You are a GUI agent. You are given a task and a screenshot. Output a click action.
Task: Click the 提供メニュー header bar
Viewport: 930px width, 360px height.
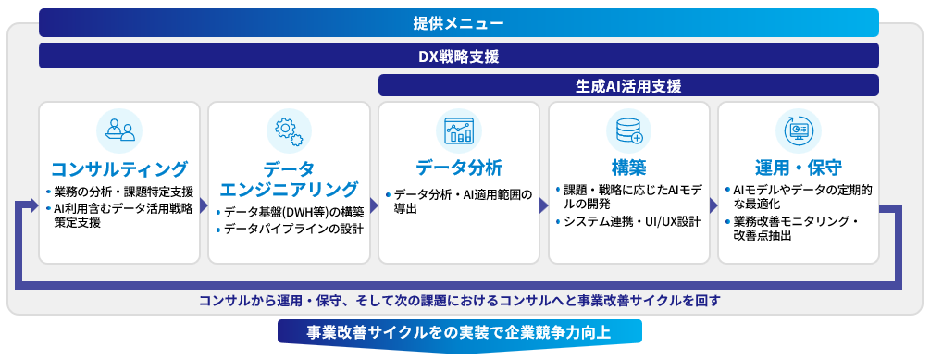pyautogui.click(x=459, y=22)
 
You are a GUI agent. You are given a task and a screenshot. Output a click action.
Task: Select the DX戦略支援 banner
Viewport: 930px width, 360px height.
pyautogui.click(x=459, y=56)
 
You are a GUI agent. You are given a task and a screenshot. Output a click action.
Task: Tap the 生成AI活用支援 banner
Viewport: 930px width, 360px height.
pyautogui.click(x=628, y=86)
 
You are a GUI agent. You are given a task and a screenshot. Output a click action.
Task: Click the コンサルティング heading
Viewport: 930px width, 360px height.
pyautogui.click(x=119, y=168)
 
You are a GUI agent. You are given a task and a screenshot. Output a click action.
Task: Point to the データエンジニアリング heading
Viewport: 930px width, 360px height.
pyautogui.click(x=289, y=179)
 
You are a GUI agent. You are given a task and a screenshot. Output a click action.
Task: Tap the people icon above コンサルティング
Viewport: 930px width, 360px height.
pyautogui.click(x=119, y=130)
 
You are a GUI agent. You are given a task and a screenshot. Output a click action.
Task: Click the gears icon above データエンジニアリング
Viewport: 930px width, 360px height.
pyautogui.click(x=289, y=130)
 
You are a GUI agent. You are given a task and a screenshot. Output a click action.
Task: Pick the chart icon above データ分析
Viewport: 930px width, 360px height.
pyautogui.click(x=459, y=130)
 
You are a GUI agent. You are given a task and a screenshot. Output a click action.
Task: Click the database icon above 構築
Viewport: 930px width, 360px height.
pyautogui.click(x=628, y=130)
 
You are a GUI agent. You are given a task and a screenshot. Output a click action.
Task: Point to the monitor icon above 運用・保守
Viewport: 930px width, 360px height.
pyautogui.click(x=798, y=130)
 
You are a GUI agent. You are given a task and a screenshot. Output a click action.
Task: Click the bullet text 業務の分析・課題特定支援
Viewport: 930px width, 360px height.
pyautogui.click(x=123, y=192)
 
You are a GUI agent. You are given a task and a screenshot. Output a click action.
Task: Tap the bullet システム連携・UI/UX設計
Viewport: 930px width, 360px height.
pyautogui.click(x=633, y=221)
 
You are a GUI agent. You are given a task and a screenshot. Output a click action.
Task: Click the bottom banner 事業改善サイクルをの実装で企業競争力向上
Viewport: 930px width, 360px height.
pyautogui.click(x=459, y=333)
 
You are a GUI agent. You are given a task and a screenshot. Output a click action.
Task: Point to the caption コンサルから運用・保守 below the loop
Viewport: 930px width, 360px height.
pyautogui.click(x=459, y=301)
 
